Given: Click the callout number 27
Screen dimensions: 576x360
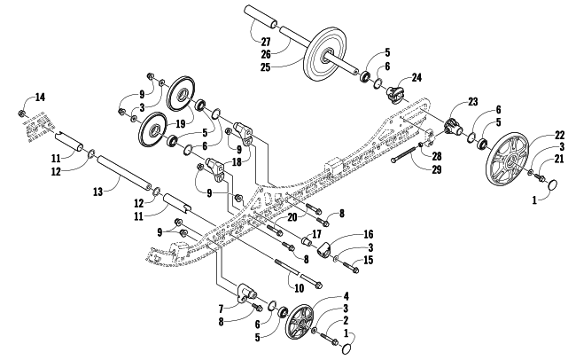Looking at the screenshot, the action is [x=266, y=42].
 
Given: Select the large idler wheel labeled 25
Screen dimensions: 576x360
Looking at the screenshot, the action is [x=325, y=54].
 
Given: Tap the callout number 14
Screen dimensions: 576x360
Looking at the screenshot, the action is [x=40, y=98].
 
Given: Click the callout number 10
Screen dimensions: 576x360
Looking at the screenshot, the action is [x=300, y=288].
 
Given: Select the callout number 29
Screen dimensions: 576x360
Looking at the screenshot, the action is [x=437, y=169].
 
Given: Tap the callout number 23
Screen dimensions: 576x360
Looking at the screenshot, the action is [x=473, y=102].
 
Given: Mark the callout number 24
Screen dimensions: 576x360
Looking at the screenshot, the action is [x=416, y=78].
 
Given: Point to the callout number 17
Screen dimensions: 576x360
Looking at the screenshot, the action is [x=316, y=234].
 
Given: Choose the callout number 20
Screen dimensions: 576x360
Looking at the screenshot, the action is [x=292, y=217].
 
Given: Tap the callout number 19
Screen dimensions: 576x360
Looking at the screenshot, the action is [x=181, y=123].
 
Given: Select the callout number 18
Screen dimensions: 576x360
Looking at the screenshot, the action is [x=237, y=161].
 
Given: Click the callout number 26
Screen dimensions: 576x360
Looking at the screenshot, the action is [x=266, y=54].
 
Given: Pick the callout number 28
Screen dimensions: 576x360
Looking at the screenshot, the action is [x=436, y=156].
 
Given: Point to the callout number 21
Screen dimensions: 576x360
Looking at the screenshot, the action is [x=559, y=159].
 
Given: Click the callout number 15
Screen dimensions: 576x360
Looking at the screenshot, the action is [x=368, y=260].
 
